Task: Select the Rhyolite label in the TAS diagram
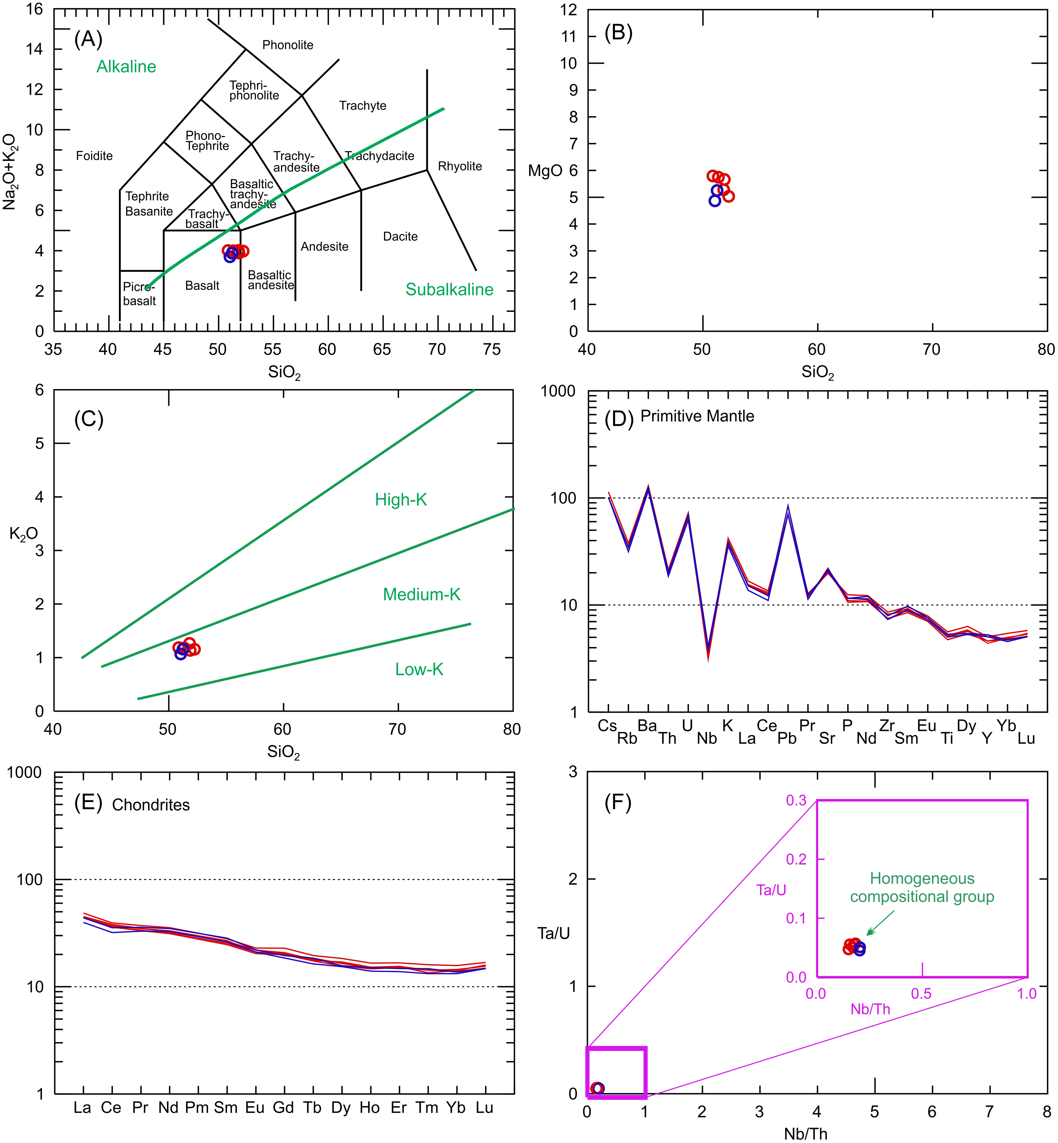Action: (x=460, y=167)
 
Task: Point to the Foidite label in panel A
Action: (x=95, y=156)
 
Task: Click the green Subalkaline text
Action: (x=450, y=290)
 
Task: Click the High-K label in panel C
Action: (x=401, y=500)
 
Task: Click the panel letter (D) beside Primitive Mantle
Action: (x=618, y=420)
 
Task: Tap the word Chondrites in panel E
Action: (x=151, y=805)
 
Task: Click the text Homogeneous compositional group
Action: (x=922, y=888)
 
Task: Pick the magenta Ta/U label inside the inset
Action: (x=771, y=890)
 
